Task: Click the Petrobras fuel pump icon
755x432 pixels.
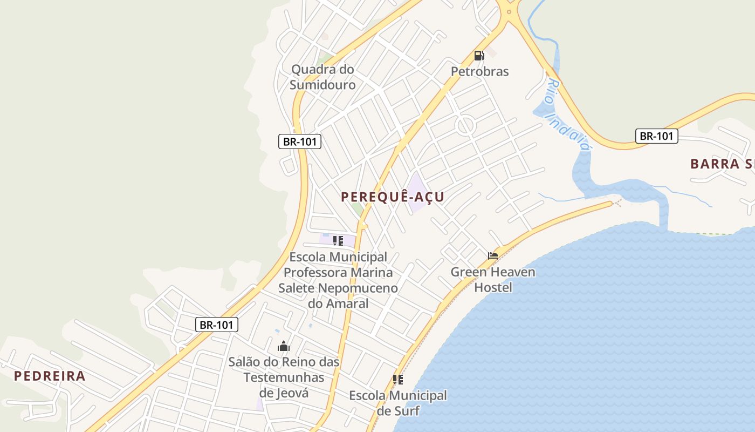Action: [478, 55]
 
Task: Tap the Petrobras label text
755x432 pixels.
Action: [479, 71]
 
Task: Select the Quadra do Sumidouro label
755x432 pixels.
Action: [322, 77]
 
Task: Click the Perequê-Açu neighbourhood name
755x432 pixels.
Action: [392, 197]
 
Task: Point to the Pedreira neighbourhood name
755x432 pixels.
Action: [50, 376]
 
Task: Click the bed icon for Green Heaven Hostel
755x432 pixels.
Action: [493, 256]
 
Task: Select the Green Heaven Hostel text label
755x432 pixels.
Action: [493, 279]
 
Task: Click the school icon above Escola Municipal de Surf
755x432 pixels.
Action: [398, 380]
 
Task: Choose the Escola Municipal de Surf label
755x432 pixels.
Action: [398, 403]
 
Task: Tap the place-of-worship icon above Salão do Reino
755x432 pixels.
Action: [284, 346]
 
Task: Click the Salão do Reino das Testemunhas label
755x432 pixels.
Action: [284, 377]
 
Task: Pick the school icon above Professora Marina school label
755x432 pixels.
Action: [338, 241]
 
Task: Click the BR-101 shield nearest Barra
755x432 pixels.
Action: [656, 136]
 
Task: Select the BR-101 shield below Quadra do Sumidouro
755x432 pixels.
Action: [300, 142]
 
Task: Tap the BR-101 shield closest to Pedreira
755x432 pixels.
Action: [216, 325]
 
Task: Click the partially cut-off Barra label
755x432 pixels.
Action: [722, 164]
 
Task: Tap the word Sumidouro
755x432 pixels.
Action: [322, 85]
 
